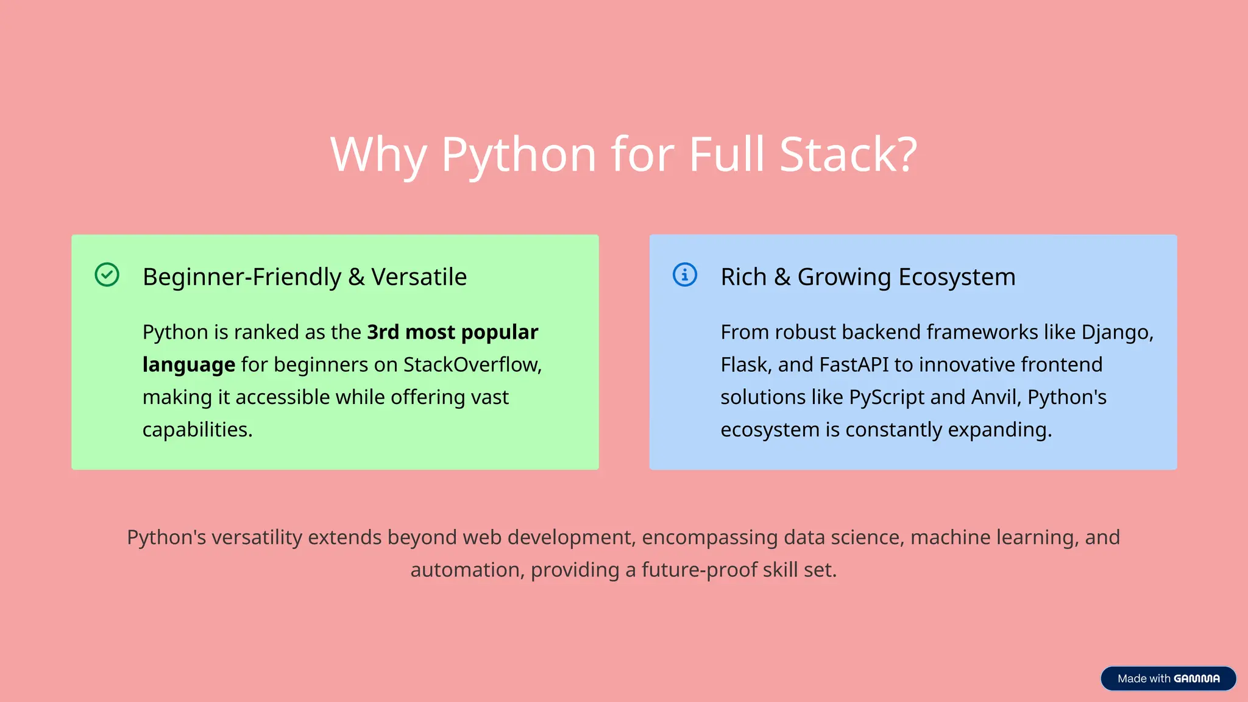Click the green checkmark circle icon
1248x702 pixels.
107,275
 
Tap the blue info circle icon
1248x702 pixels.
684,275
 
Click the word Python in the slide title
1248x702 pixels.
519,155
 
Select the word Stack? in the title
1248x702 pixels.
848,155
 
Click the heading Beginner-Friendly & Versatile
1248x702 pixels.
304,277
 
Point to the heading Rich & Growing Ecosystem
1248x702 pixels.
868,277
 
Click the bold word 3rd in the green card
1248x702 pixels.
383,332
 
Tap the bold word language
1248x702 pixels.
188,364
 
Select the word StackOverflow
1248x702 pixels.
471,364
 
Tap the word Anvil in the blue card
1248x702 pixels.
994,397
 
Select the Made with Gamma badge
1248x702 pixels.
1168,678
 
